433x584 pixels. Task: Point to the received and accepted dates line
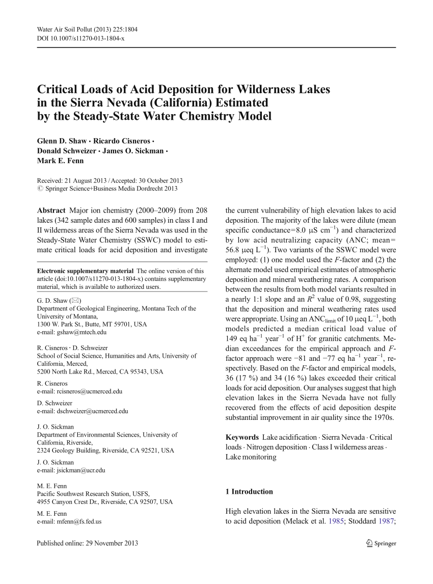(x=110, y=180)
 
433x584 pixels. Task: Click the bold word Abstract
(x=51, y=210)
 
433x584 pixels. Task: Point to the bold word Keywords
(x=242, y=437)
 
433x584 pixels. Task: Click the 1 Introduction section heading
(x=249, y=492)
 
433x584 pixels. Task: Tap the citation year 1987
(x=386, y=521)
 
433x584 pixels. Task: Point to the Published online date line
(x=88, y=543)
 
